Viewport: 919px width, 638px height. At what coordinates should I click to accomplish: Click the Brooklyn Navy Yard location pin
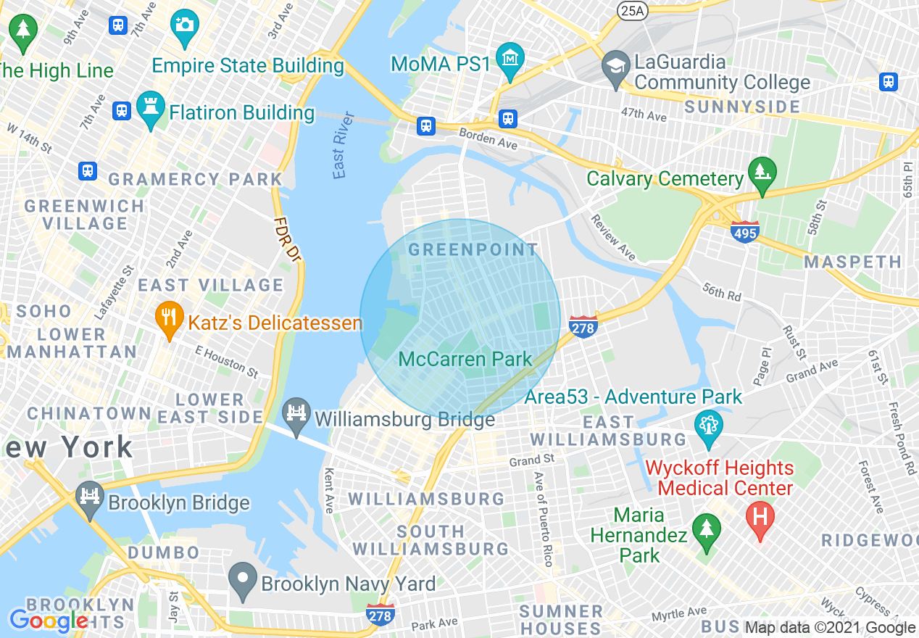coord(243,579)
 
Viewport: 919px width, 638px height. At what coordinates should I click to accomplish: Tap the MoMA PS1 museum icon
coord(510,59)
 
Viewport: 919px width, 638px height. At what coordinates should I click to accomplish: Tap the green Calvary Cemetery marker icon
coord(762,173)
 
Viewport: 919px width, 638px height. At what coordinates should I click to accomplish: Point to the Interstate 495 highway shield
coord(745,232)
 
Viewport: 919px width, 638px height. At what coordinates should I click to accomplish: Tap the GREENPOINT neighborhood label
coord(473,250)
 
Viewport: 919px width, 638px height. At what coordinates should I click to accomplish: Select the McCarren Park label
coord(465,359)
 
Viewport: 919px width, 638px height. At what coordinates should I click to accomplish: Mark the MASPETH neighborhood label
coord(853,262)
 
